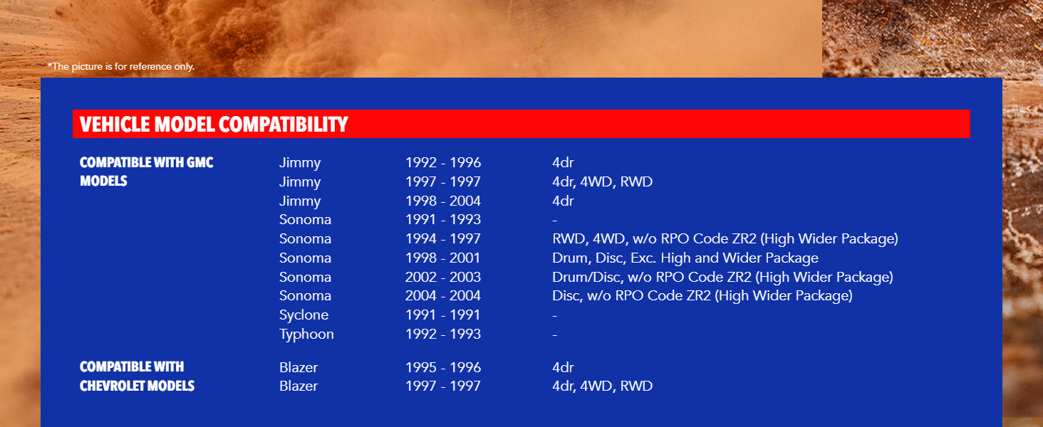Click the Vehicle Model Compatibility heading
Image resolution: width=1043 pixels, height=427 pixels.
(x=214, y=125)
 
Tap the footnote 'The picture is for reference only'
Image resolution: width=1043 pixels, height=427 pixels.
(x=121, y=66)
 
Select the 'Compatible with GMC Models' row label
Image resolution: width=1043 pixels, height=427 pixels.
(x=147, y=172)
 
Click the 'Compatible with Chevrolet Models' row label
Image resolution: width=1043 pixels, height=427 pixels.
(x=137, y=376)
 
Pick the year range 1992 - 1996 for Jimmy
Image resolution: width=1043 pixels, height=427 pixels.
(x=443, y=162)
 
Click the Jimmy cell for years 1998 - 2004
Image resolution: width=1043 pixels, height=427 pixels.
(x=300, y=201)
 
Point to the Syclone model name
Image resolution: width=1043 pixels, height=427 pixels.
(x=303, y=315)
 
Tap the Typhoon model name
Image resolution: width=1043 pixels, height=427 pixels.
(x=306, y=334)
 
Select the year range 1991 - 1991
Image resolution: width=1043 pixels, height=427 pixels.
(x=443, y=315)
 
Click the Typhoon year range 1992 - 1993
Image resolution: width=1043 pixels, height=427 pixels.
(x=443, y=334)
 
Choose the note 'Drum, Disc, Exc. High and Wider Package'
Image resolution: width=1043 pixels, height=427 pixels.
(x=685, y=258)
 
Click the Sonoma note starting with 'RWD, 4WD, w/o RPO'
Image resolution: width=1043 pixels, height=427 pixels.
(x=725, y=239)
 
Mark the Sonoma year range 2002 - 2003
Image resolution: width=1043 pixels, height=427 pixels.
(x=443, y=277)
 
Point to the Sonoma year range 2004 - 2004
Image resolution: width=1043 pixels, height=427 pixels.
(x=443, y=295)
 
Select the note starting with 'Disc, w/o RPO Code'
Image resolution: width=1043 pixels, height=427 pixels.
(x=702, y=296)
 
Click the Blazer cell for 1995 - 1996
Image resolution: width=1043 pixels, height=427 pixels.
(x=299, y=367)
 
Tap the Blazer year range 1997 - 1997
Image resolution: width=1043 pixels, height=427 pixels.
(x=443, y=386)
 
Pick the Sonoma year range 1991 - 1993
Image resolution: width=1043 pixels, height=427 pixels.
(x=443, y=219)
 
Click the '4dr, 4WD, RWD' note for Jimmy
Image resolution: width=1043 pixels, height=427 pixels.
(x=602, y=182)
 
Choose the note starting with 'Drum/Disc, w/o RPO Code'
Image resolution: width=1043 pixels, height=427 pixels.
(x=722, y=278)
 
